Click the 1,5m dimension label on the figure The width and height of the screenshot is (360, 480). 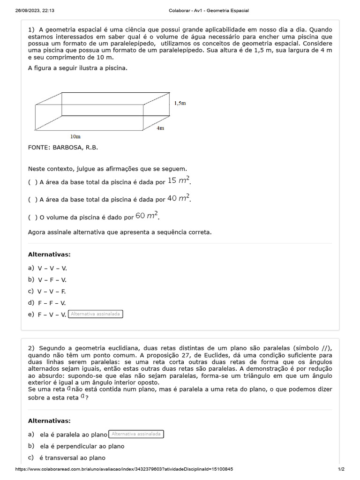click(x=180, y=103)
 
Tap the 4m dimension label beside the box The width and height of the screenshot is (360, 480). click(x=160, y=128)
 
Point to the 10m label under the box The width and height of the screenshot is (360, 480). click(x=75, y=136)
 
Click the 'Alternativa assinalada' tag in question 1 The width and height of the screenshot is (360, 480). click(x=96, y=314)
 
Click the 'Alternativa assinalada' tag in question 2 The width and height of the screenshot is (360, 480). click(x=136, y=434)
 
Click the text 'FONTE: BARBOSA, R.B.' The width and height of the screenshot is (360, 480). click(x=63, y=148)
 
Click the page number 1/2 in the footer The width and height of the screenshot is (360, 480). click(x=341, y=469)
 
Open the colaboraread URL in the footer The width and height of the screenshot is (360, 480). click(x=124, y=469)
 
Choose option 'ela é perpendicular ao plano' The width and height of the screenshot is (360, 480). click(x=82, y=446)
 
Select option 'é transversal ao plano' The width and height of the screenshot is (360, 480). click(x=72, y=458)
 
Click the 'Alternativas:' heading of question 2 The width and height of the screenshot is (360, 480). click(x=49, y=421)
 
